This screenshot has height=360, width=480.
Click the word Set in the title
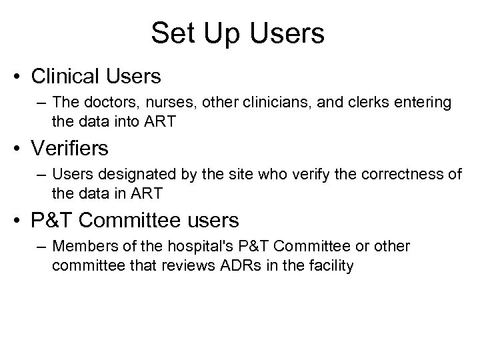point(171,33)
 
